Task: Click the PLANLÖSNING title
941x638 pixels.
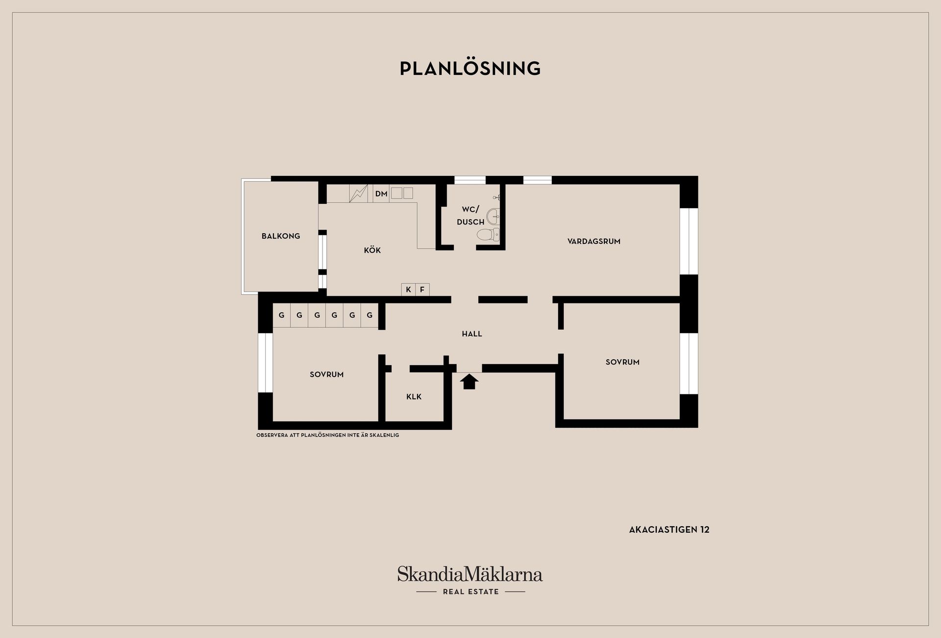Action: point(470,68)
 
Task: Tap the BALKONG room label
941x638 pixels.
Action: point(281,236)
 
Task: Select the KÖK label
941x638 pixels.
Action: point(372,250)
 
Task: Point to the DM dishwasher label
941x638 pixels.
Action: point(381,194)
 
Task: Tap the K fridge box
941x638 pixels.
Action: point(408,290)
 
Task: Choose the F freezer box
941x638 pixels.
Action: point(422,290)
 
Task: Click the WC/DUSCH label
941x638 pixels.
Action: point(470,216)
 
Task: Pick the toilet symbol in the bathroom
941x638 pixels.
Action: point(488,234)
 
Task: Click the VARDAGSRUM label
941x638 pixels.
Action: point(594,241)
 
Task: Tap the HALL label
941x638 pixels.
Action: point(472,334)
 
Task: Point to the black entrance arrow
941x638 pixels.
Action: point(469,381)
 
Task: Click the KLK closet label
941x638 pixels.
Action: point(414,397)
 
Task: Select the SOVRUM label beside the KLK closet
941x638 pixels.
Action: point(326,374)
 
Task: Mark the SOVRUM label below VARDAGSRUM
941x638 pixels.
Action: point(622,362)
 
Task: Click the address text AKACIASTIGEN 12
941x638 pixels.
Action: point(669,530)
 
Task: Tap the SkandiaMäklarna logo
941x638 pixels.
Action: point(470,574)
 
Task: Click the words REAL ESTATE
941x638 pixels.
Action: point(470,592)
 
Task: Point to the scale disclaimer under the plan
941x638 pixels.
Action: point(327,435)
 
